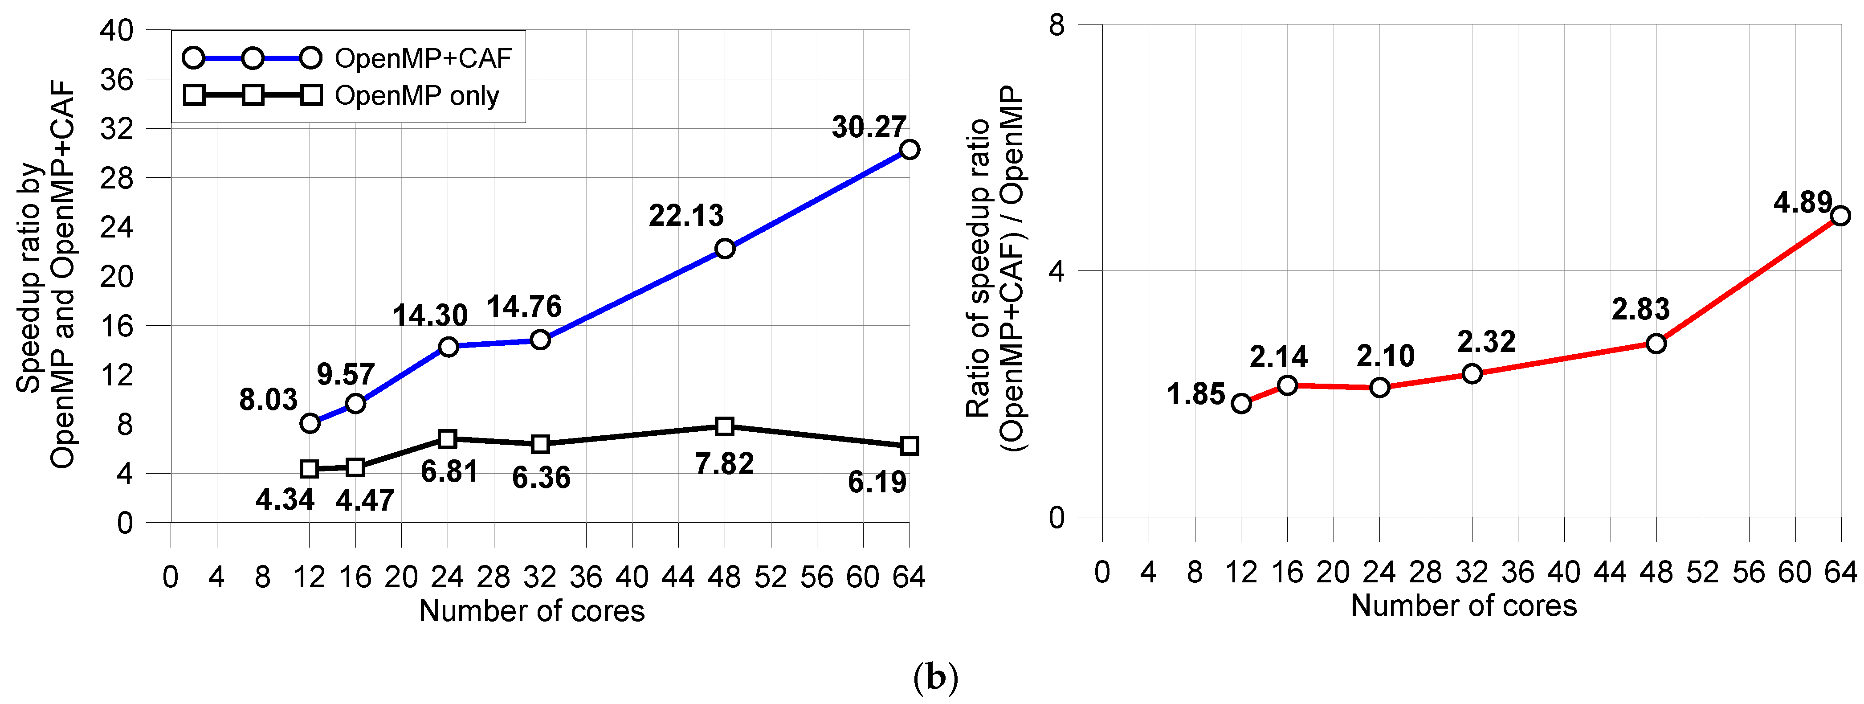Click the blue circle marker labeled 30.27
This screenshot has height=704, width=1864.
point(909,150)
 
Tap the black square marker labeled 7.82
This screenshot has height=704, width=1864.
point(724,426)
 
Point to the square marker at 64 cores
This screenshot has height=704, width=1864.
point(909,446)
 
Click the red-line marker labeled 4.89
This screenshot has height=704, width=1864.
point(1840,216)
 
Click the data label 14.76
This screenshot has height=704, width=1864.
point(524,307)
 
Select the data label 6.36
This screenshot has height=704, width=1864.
point(541,478)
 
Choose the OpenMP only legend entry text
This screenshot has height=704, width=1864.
point(417,95)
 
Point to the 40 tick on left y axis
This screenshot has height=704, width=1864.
point(117,30)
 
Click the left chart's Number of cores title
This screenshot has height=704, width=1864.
point(532,611)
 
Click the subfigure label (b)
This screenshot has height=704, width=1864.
point(936,678)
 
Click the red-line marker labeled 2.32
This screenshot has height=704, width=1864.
point(1472,374)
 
